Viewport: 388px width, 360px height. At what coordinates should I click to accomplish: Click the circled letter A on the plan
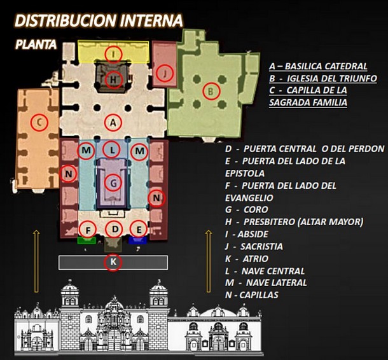[x=113, y=121]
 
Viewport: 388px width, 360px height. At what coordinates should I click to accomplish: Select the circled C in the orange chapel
[x=39, y=121]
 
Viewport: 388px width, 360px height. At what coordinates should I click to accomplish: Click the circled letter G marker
[x=113, y=183]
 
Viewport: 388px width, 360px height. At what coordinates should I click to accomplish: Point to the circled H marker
[x=113, y=80]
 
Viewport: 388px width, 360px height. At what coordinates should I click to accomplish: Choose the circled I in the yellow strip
[x=113, y=54]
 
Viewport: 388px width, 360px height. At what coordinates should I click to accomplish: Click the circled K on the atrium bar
[x=113, y=262]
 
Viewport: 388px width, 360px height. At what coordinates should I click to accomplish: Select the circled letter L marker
[x=113, y=150]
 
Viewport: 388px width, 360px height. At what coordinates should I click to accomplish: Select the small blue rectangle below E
[x=137, y=240]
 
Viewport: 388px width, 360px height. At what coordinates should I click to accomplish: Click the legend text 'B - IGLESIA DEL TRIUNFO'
[x=322, y=78]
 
